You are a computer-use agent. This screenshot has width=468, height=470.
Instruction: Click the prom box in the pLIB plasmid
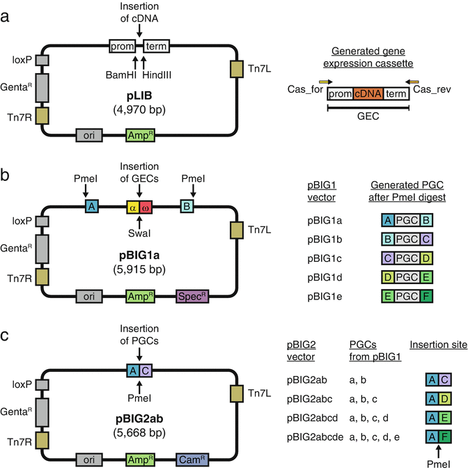coord(123,47)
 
